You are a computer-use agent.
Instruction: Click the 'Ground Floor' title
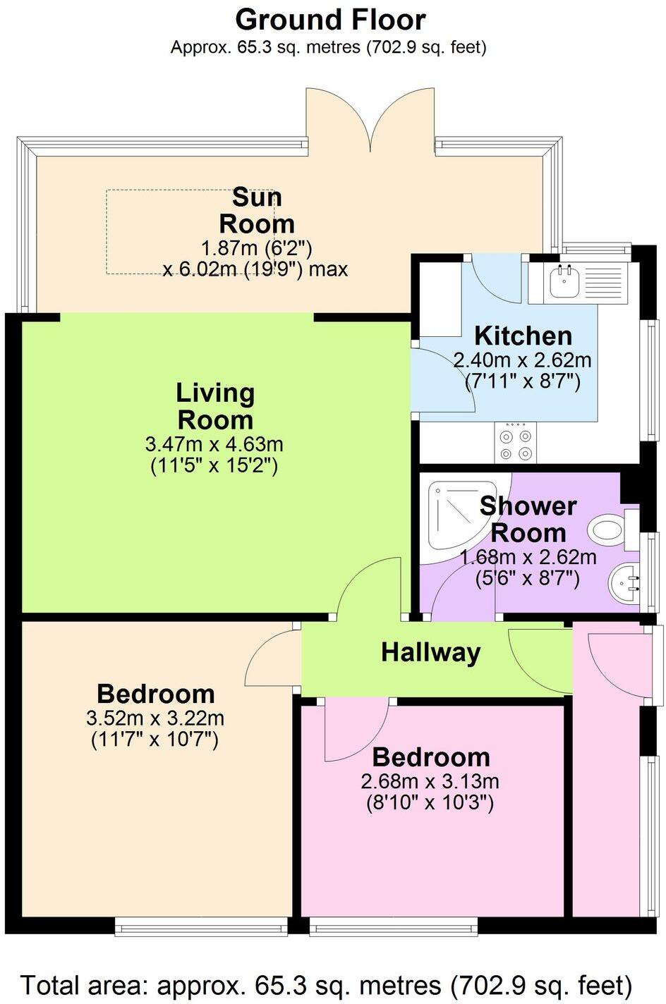point(330,20)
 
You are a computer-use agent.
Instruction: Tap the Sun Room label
point(256,210)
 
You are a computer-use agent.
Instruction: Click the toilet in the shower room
point(607,529)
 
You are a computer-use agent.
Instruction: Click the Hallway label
point(430,652)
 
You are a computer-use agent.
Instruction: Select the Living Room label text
point(215,406)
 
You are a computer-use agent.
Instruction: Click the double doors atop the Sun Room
point(371,120)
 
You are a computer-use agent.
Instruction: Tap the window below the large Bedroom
point(202,926)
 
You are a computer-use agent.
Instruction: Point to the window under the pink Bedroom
point(394,926)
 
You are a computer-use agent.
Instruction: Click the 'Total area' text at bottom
point(326,984)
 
